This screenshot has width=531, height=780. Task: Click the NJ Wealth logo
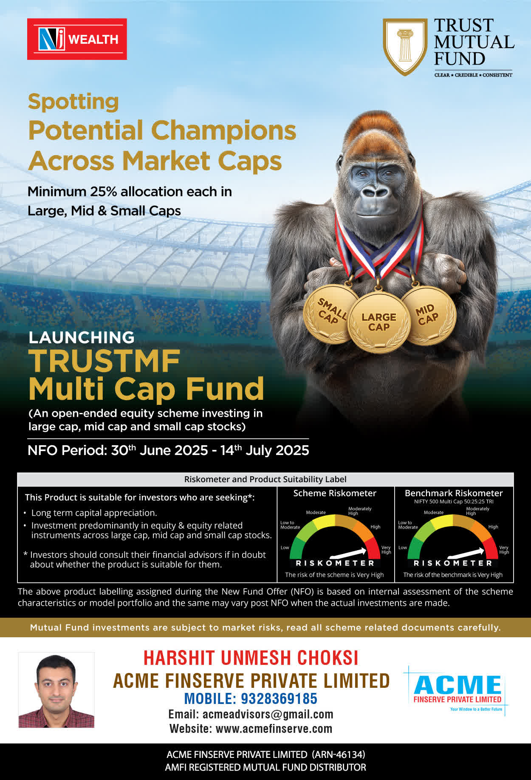point(77,39)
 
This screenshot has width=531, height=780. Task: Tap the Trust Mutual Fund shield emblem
point(405,47)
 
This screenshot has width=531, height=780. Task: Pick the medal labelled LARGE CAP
point(379,322)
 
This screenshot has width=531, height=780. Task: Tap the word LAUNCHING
point(81,337)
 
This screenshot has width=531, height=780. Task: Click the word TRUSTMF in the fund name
point(105,361)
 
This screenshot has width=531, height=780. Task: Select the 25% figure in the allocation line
point(103,192)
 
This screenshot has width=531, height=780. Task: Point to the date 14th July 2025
point(265,450)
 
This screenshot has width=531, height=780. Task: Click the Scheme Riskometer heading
point(335,493)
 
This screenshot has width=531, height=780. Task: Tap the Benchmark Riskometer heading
point(454,493)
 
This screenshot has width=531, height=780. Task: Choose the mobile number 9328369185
point(279,698)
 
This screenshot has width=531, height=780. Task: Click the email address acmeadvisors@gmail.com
point(268,714)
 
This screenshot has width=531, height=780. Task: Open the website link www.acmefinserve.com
point(274,729)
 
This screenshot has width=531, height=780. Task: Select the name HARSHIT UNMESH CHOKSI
point(251,658)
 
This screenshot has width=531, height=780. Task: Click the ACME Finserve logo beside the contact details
point(457,690)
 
